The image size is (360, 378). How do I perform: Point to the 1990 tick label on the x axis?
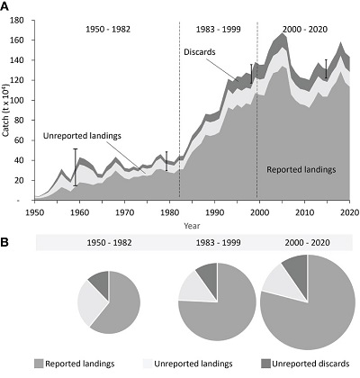point(214,212)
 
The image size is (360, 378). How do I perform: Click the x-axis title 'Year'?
point(192,226)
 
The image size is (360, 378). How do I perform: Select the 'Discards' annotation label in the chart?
point(200,52)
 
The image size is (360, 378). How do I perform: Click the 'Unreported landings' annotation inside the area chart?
point(82,136)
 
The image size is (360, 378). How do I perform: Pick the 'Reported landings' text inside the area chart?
point(301,170)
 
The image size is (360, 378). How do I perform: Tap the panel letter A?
point(4,6)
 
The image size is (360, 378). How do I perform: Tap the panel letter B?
point(4,242)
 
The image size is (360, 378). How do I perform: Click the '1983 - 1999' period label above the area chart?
point(219,30)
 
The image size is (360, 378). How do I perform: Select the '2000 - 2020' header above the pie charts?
point(307,242)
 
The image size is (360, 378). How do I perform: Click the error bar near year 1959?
point(76,167)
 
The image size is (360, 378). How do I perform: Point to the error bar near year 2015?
point(326,69)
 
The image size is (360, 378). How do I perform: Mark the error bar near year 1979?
point(166,161)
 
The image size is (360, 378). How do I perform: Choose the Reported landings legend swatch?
point(39,364)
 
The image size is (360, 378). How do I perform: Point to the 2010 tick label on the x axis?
point(304,212)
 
